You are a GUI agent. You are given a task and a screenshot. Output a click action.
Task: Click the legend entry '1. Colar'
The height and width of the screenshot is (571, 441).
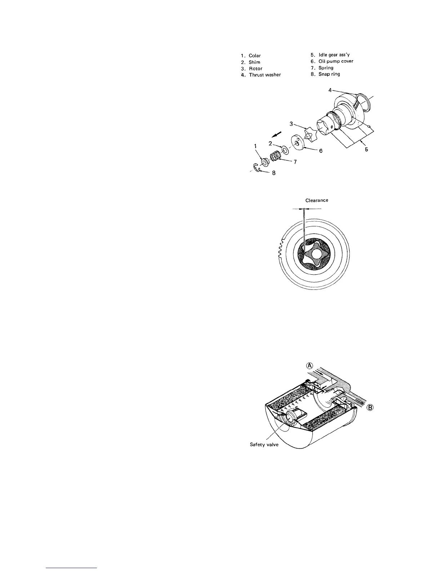pos(251,56)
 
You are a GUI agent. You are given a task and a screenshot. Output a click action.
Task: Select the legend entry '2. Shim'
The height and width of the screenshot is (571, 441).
pos(250,62)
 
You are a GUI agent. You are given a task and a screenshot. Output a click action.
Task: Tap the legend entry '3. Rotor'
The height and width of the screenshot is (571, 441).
pos(251,68)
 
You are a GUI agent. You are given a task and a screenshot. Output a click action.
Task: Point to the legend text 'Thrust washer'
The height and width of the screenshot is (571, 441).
pos(264,75)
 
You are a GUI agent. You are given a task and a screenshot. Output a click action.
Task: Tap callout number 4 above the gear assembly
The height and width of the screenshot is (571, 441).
pos(330,90)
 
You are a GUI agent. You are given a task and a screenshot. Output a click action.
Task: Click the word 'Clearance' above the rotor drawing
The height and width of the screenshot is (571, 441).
pos(317,200)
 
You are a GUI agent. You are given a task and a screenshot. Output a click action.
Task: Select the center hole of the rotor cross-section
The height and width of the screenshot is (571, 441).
pos(317,254)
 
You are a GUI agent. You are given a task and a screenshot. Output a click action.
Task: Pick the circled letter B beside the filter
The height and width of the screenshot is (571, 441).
pos(371,408)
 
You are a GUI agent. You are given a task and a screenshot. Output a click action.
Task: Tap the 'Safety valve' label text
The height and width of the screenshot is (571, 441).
pos(264,444)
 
